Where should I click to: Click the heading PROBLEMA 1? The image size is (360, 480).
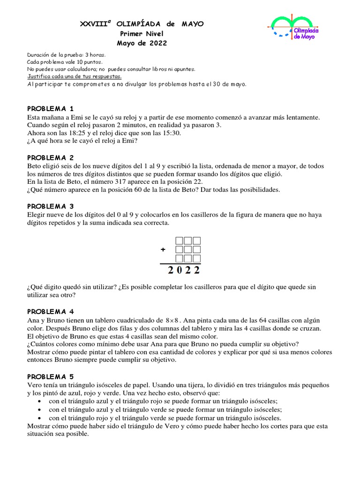(x=51, y=108)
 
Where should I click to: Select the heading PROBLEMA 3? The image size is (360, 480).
(x=51, y=206)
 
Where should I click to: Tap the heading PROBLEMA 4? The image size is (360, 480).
(x=51, y=311)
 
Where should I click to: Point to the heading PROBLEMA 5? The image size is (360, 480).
(x=51, y=376)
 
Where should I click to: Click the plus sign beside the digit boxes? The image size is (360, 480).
(x=163, y=250)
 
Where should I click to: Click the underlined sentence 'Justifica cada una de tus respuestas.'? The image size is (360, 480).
(x=75, y=76)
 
